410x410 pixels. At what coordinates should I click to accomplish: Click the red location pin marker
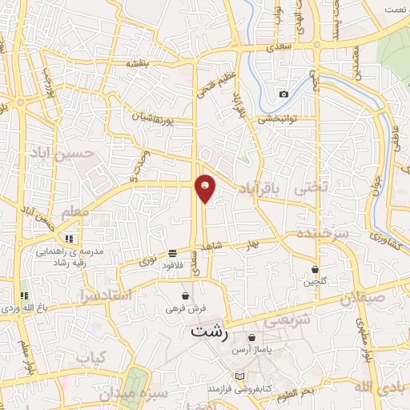point(205,187)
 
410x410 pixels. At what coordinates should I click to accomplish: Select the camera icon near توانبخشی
point(283,94)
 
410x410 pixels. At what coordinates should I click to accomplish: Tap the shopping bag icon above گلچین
point(315,269)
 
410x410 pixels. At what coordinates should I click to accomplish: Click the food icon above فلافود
point(174,253)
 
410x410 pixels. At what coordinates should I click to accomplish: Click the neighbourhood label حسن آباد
point(62,151)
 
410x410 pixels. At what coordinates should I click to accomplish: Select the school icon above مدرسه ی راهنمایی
point(70,239)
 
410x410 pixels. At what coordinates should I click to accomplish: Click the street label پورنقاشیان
point(168,120)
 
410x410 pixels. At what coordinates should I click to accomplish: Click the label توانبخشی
point(276,120)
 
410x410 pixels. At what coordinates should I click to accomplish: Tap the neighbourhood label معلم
point(74,211)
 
